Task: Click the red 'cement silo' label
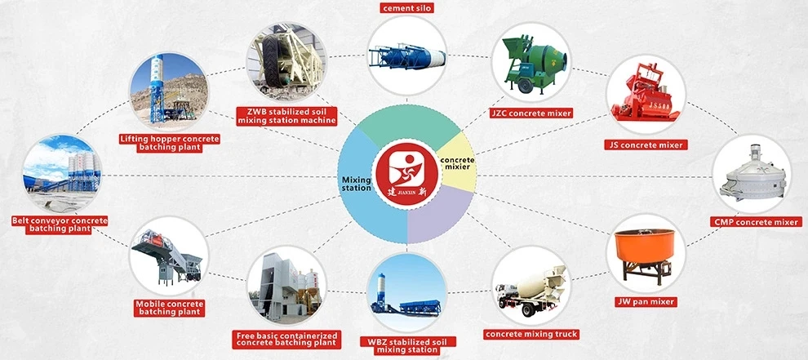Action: coord(406,7)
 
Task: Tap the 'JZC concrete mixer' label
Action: coord(531,113)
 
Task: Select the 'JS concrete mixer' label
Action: coord(646,145)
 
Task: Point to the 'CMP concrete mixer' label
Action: coord(756,222)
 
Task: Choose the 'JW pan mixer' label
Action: coord(645,301)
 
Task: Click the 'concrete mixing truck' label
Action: coord(531,334)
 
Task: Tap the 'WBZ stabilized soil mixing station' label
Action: coord(407,345)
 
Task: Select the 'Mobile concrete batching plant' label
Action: coord(170,308)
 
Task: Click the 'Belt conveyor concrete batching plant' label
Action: coord(60,224)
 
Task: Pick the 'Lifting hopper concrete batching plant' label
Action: coord(170,144)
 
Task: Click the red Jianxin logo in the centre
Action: coord(406,174)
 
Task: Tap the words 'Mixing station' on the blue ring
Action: coord(357,184)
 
